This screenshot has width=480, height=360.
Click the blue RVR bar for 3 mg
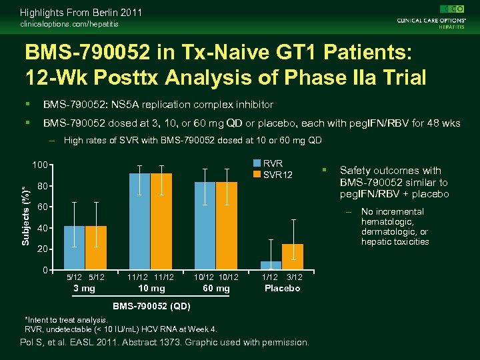click(74, 247)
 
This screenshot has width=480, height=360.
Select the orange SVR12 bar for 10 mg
click(161, 221)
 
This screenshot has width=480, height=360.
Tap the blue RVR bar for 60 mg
click(205, 225)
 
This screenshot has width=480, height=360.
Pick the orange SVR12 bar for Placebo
click(293, 257)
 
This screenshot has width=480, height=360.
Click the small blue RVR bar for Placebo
click(271, 265)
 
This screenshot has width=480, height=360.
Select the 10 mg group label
click(151, 288)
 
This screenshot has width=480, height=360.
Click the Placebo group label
click(283, 288)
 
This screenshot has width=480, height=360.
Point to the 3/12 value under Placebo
click(295, 277)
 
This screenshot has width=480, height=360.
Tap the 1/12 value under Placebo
click(270, 277)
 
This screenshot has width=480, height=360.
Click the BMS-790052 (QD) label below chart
click(151, 307)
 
